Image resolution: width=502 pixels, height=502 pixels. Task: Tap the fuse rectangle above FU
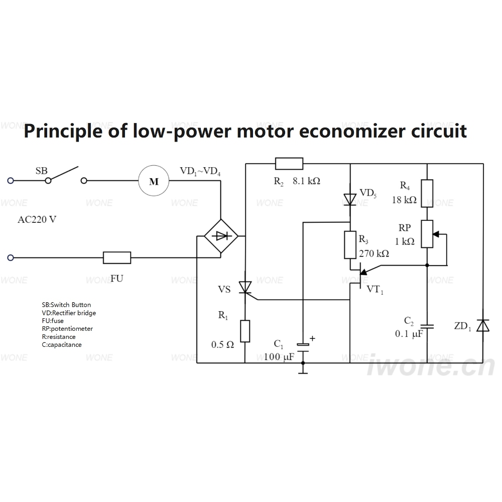pos(117,258)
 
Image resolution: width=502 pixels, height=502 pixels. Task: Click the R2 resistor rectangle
pos(289,164)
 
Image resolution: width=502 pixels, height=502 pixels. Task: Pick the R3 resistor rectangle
pos(350,245)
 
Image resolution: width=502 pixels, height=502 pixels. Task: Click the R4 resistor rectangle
pos(427,193)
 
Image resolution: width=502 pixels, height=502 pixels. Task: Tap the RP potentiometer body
pos(427,234)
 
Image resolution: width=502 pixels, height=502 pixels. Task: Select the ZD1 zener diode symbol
pos(483,325)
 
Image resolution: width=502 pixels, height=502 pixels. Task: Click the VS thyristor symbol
pos(245,287)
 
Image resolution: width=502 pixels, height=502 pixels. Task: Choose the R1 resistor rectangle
pos(245,331)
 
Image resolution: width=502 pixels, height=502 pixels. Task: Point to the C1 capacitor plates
pos(303,348)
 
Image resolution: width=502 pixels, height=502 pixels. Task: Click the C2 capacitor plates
pos(427,327)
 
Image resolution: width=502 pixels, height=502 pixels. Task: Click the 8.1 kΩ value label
pos(306,181)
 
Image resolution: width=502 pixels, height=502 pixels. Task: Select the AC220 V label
pos(37,220)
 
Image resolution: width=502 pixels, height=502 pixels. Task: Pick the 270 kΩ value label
pos(374,254)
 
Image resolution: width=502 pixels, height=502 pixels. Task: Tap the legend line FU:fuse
pos(53,321)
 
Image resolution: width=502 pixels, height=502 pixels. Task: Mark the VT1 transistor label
pos(375,290)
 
